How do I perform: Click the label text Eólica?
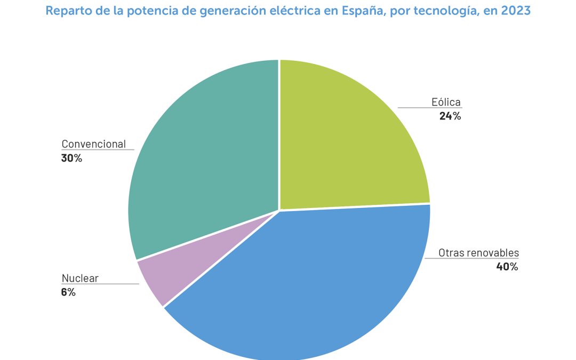(x=446, y=102)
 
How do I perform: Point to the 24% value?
(x=450, y=116)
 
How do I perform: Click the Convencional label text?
(x=94, y=144)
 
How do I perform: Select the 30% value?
(x=72, y=158)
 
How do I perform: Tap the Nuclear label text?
(x=80, y=278)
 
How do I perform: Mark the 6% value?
(x=69, y=292)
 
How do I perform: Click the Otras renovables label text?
(x=478, y=253)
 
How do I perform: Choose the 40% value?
(x=507, y=267)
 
